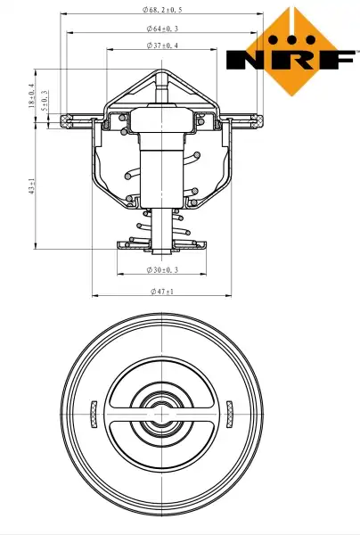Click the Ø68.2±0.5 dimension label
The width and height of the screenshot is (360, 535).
(x=162, y=10)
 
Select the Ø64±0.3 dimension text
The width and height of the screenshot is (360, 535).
(x=162, y=29)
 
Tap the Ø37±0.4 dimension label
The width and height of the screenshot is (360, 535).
(x=162, y=45)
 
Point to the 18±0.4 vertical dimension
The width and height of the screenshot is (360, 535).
(x=32, y=95)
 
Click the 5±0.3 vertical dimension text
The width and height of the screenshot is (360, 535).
(x=45, y=101)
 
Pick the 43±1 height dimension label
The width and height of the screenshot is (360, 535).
(x=32, y=186)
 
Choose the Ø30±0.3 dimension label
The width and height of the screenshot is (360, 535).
(x=162, y=270)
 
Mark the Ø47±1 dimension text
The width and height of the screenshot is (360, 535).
(x=162, y=292)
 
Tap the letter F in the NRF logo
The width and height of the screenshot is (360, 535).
(x=338, y=60)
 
